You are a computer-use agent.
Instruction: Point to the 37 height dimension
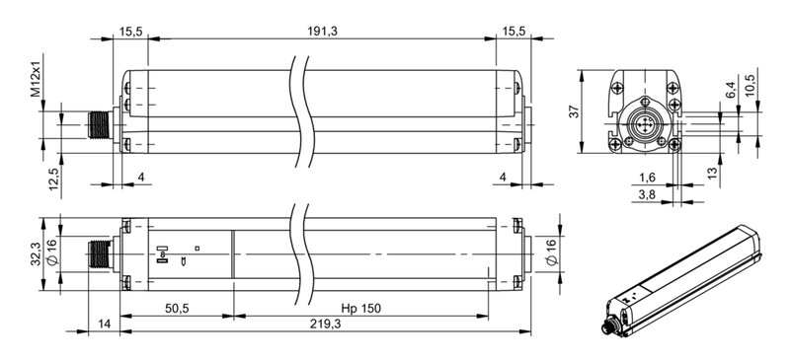click(x=574, y=112)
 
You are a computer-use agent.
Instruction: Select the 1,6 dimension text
click(x=647, y=178)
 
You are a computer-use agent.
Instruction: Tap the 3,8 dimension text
click(x=647, y=195)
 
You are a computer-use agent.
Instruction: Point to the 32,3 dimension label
click(x=35, y=253)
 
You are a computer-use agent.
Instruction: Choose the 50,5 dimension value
click(x=177, y=309)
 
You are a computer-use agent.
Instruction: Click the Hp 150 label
click(x=360, y=309)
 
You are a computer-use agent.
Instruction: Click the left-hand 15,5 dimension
click(x=132, y=32)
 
